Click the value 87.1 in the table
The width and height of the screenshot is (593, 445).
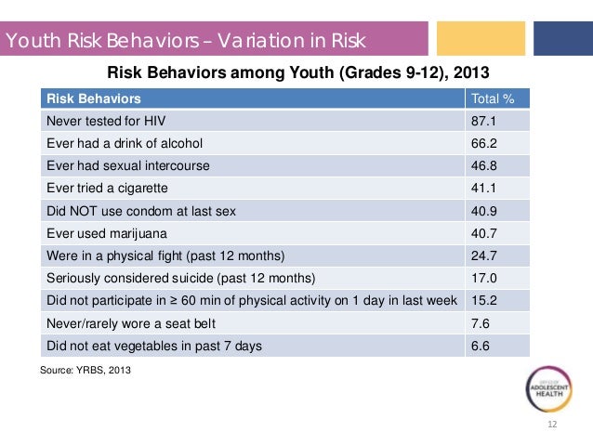pyautogui.click(x=485, y=121)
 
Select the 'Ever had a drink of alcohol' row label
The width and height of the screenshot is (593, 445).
pyautogui.click(x=124, y=143)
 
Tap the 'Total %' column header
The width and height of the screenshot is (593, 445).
pyautogui.click(x=494, y=98)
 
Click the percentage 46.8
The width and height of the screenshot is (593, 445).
pyautogui.click(x=485, y=166)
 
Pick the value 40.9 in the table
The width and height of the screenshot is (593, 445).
pyautogui.click(x=485, y=211)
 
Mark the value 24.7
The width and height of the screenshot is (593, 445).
pyautogui.click(x=485, y=256)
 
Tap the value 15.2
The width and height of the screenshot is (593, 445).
pyautogui.click(x=485, y=301)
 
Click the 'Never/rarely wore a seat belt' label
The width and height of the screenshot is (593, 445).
pyautogui.click(x=127, y=324)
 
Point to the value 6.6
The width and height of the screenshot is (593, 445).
pyautogui.click(x=481, y=347)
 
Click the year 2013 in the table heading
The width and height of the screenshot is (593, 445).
pyautogui.click(x=470, y=72)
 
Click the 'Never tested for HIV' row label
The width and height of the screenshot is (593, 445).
pyautogui.click(x=102, y=121)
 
